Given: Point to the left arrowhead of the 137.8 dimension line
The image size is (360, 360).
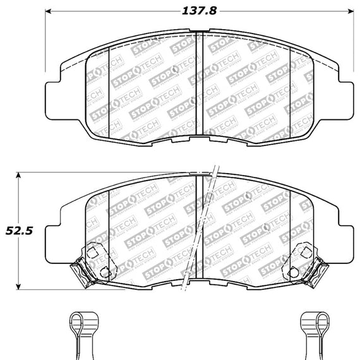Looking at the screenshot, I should point(51,11).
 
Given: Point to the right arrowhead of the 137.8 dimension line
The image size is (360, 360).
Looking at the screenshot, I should point(349,11).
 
